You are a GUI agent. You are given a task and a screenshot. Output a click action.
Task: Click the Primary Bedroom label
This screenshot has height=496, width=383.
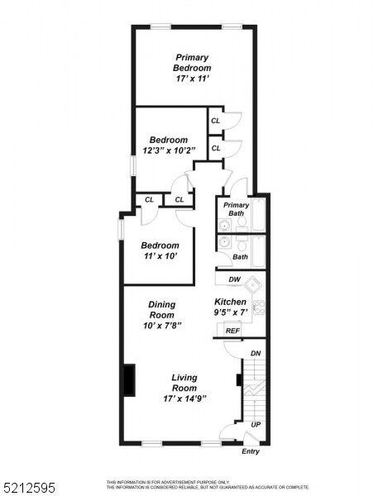(x=192, y=62)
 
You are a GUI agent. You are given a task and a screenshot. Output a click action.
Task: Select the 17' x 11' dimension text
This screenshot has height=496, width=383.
(x=192, y=79)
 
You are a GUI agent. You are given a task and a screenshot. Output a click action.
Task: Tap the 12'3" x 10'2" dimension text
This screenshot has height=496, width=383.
(x=168, y=151)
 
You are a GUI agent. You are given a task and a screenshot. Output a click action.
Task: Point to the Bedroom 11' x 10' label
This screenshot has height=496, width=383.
(x=160, y=250)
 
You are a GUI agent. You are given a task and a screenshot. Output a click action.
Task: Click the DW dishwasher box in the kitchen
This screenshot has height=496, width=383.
(x=234, y=279)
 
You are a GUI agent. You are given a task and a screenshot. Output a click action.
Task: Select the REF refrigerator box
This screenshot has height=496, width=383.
(x=233, y=331)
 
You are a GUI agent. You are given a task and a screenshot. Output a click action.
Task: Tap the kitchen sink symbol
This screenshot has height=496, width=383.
(x=257, y=286)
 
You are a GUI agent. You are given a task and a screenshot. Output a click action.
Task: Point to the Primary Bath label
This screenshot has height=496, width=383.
(x=236, y=210)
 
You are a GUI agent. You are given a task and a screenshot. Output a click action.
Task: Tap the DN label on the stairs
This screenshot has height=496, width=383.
(x=256, y=353)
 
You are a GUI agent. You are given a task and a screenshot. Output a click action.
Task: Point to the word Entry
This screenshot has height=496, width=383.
(x=251, y=451)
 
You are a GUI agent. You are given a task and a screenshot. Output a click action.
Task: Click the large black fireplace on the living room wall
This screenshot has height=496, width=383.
(x=129, y=380)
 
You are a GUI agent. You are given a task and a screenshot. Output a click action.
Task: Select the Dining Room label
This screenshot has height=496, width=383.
(x=161, y=310)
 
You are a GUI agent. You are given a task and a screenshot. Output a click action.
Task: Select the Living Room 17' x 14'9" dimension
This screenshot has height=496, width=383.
(x=184, y=398)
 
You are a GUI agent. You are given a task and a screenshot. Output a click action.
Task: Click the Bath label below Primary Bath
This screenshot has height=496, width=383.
(x=240, y=256)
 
